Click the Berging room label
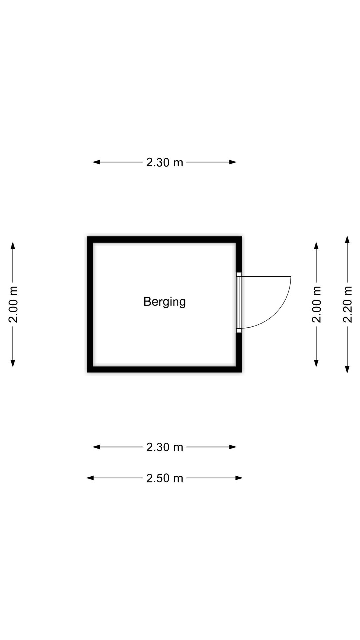pos(164,302)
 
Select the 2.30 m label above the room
pos(165,162)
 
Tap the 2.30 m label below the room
pos(165,447)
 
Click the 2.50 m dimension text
pos(165,478)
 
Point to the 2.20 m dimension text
pos(347,304)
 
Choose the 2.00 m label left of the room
pos(13,304)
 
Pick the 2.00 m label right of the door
pos(316,304)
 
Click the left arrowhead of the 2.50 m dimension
pos(90,478)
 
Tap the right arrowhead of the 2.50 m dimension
pos(239,478)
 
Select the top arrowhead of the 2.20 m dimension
pos(347,240)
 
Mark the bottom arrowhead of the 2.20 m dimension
pos(347,369)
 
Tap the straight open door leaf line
pos(266,277)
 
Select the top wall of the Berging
pos(164,240)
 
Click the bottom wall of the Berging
pos(164,369)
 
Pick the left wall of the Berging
pos(90,304)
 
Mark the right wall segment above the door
pos(239,254)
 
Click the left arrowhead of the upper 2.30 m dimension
pos(97,162)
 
